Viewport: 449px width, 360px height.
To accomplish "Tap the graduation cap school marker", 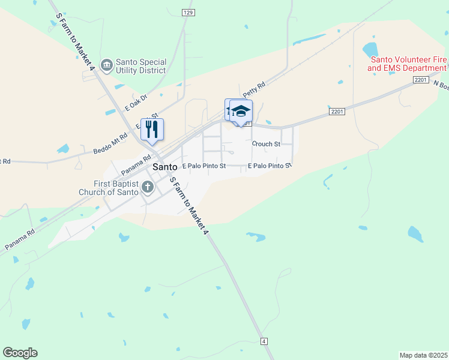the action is [x=241, y=112].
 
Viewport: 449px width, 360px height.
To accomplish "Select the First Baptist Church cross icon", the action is [x=147, y=188].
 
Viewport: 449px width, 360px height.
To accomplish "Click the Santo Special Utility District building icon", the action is [x=107, y=65].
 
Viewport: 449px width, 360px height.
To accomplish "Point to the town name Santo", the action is [x=165, y=167].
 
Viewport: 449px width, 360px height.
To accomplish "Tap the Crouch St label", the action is [x=266, y=144].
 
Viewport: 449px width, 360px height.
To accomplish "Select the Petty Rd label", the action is [x=254, y=91].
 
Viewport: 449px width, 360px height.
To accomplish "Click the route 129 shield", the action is [x=188, y=12].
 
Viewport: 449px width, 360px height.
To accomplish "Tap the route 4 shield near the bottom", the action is [x=264, y=341].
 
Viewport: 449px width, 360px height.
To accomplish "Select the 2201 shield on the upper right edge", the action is [x=421, y=80].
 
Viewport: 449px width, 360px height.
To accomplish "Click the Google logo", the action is [x=20, y=353].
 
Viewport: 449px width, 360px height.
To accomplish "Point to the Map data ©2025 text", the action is [x=423, y=355].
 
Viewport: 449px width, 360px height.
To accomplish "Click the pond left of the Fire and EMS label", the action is [x=369, y=49].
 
